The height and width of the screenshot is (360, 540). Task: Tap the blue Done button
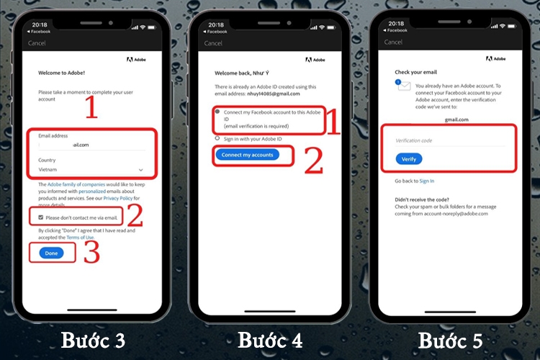tap(50, 253)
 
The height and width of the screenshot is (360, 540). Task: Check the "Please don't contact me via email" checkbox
tap(42, 217)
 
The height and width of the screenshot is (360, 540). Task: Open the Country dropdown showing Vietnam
tap(90, 170)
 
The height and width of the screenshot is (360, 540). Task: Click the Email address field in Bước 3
tap(90, 144)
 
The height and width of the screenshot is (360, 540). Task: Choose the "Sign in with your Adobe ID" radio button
tap(217, 138)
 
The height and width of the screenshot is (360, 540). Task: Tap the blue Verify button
tap(408, 158)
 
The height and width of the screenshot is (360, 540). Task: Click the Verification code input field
tap(454, 140)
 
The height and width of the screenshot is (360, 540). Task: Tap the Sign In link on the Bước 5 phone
tap(427, 181)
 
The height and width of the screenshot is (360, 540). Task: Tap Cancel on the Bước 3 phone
tap(37, 43)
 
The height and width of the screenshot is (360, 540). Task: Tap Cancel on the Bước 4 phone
tap(213, 43)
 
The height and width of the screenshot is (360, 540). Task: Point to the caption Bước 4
tap(270, 340)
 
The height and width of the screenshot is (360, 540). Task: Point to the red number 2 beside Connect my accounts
tap(313, 161)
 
